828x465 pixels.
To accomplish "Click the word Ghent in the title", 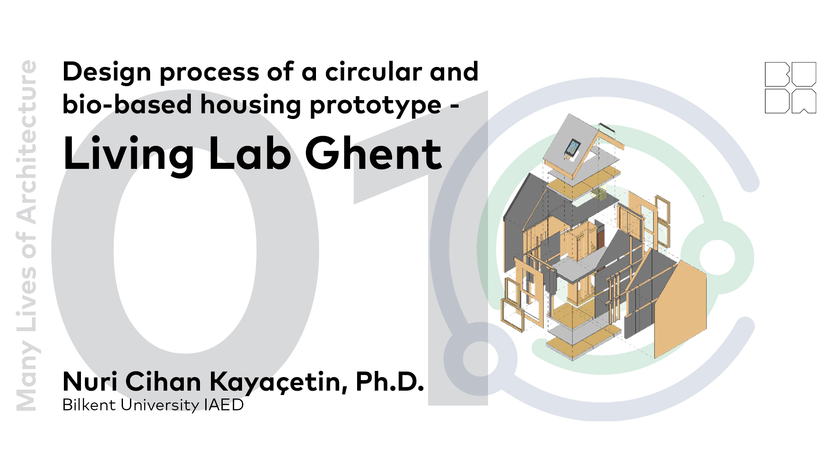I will click(373, 154).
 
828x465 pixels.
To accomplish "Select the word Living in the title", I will click(128, 154).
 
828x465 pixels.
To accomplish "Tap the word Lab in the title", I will click(249, 154).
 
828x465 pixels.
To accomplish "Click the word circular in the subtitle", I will click(374, 72).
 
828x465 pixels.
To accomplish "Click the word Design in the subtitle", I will click(107, 73).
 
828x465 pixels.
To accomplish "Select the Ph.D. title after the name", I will click(389, 381).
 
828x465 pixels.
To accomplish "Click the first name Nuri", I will click(90, 381).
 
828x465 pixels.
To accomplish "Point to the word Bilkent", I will click(89, 405).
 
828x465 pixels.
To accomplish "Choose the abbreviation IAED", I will click(224, 405).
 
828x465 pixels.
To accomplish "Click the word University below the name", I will click(160, 406).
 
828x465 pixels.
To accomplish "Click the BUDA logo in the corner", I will click(790, 87).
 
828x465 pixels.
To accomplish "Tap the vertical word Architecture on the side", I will click(26, 142).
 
